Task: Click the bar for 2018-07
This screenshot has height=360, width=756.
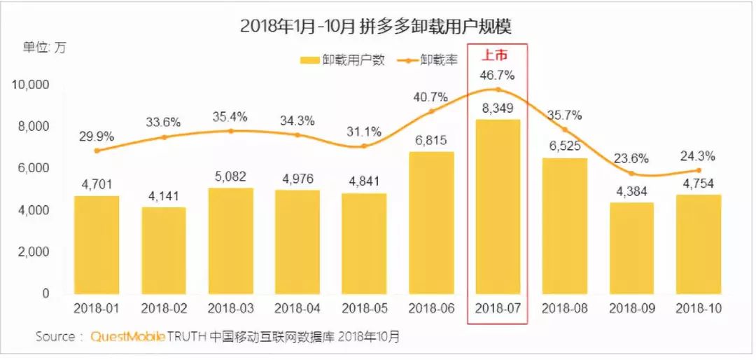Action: pyautogui.click(x=498, y=207)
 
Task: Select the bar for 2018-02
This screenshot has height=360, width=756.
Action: pyautogui.click(x=163, y=250)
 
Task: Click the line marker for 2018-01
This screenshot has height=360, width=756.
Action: pyautogui.click(x=97, y=151)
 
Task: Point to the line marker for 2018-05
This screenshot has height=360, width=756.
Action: pyautogui.click(x=363, y=146)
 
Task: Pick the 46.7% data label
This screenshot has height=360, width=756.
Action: pyautogui.click(x=497, y=75)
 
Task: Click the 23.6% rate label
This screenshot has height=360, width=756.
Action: pyautogui.click(x=631, y=158)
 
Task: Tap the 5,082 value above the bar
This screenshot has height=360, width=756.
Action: pyautogui.click(x=230, y=176)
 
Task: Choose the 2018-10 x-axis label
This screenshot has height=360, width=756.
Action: pyautogui.click(x=698, y=308)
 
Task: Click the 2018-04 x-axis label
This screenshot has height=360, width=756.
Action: pyautogui.click(x=297, y=308)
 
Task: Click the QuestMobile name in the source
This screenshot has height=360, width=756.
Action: pyautogui.click(x=128, y=337)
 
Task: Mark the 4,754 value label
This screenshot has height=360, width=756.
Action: pyautogui.click(x=698, y=184)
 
